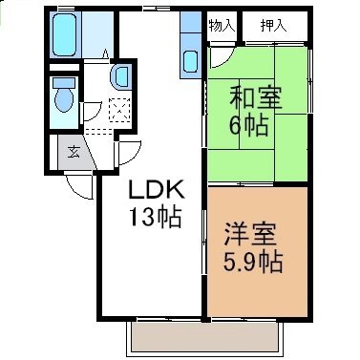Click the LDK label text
coord(156,190)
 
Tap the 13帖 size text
coord(155,217)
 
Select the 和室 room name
coord(256,98)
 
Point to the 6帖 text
coord(248,125)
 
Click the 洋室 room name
coord(250,234)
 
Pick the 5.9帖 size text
coord(253,261)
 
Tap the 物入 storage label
coord(222,25)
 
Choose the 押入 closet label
coord(274,25)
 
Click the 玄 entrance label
coord(74,152)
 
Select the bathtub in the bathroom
coord(65,34)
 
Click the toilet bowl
coord(64,99)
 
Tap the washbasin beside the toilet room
coord(120,76)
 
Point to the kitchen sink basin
coord(191,61)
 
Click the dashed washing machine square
coord(119,110)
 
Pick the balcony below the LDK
coord(205,338)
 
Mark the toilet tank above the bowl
coord(64,83)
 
